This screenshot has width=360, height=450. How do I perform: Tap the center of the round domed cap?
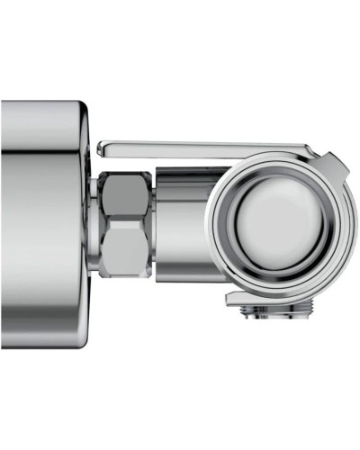(281, 221)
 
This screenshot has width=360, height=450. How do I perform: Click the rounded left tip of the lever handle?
(102, 147)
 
